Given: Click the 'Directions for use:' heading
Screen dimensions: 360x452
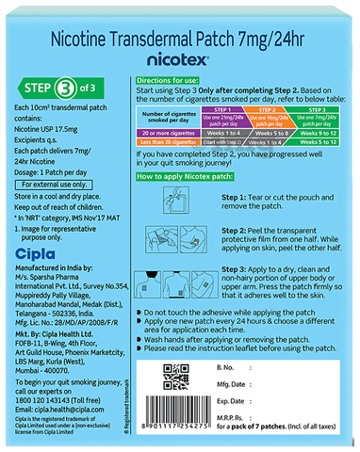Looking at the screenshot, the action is coord(176,83).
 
